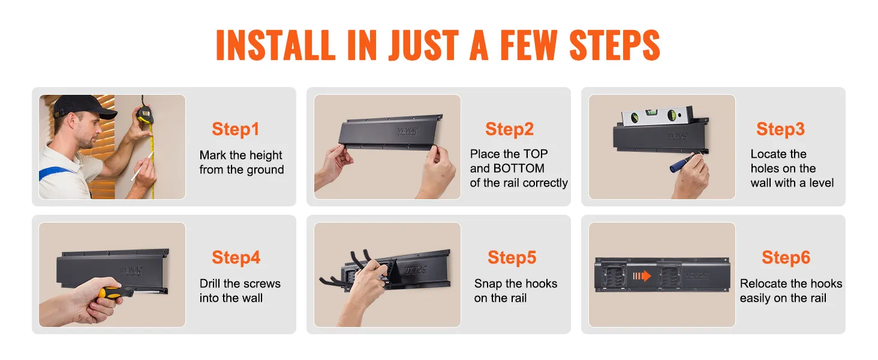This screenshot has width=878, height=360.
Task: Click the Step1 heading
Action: (236, 129)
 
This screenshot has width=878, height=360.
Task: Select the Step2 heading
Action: (509, 129)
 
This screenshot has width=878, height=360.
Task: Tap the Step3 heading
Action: (780, 129)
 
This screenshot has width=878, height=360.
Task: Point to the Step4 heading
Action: (236, 257)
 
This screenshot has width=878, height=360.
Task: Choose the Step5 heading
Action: (512, 257)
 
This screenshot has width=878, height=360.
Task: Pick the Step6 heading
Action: (786, 257)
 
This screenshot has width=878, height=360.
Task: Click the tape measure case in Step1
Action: (144, 114)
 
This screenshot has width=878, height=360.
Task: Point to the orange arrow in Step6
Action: (641, 276)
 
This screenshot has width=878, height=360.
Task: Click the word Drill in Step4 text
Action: (212, 283)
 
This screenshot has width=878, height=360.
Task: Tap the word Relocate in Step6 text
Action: (764, 283)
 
